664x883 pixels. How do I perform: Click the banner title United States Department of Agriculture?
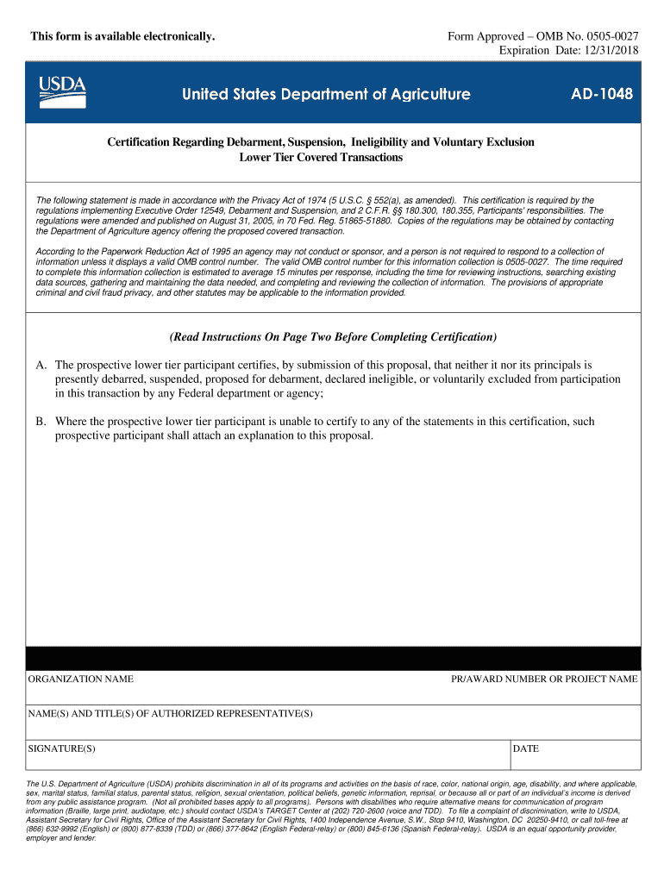(x=326, y=94)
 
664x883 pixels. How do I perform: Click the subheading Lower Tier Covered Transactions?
(x=320, y=158)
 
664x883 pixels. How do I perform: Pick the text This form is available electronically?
(x=122, y=36)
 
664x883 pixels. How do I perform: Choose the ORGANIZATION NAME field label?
(x=81, y=679)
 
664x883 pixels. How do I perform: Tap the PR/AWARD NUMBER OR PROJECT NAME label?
(x=544, y=679)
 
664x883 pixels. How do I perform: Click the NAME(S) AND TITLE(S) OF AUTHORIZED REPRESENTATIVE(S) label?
(x=171, y=714)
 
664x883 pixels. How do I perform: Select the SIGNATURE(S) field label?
(x=61, y=748)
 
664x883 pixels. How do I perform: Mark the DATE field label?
(x=525, y=748)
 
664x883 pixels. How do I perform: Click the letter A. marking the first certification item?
(x=41, y=366)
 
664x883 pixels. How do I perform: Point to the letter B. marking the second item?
(x=41, y=422)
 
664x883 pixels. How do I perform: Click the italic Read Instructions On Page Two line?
(x=333, y=336)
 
